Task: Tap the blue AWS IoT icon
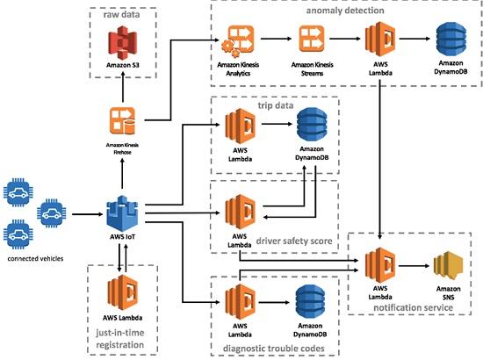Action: [x=123, y=213]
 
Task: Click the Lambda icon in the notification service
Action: [x=379, y=264]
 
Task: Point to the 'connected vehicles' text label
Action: [x=35, y=259]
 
